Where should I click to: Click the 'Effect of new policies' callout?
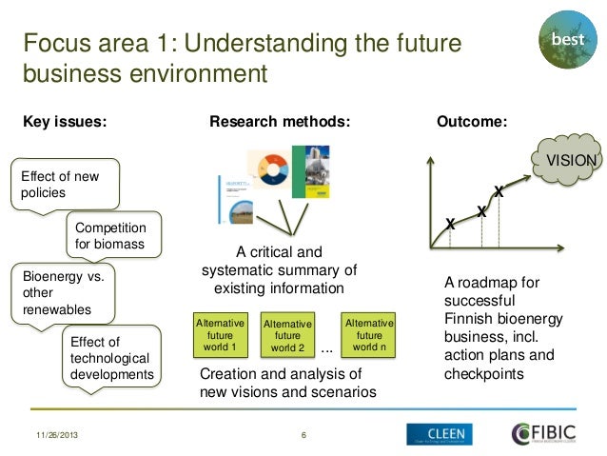[65, 183]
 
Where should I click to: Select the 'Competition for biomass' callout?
[110, 236]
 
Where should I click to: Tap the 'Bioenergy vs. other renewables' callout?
[61, 293]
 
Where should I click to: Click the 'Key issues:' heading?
[65, 121]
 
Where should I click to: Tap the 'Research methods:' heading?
[280, 121]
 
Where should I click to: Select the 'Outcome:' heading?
[471, 121]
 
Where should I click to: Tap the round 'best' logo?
[567, 42]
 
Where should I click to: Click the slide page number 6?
[303, 435]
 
